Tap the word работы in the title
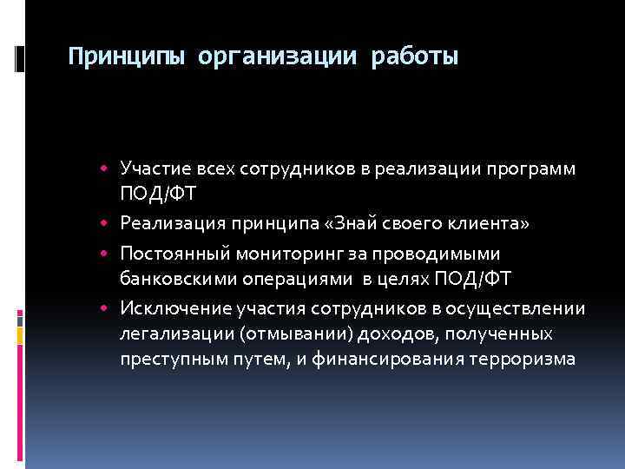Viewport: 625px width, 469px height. point(414,58)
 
